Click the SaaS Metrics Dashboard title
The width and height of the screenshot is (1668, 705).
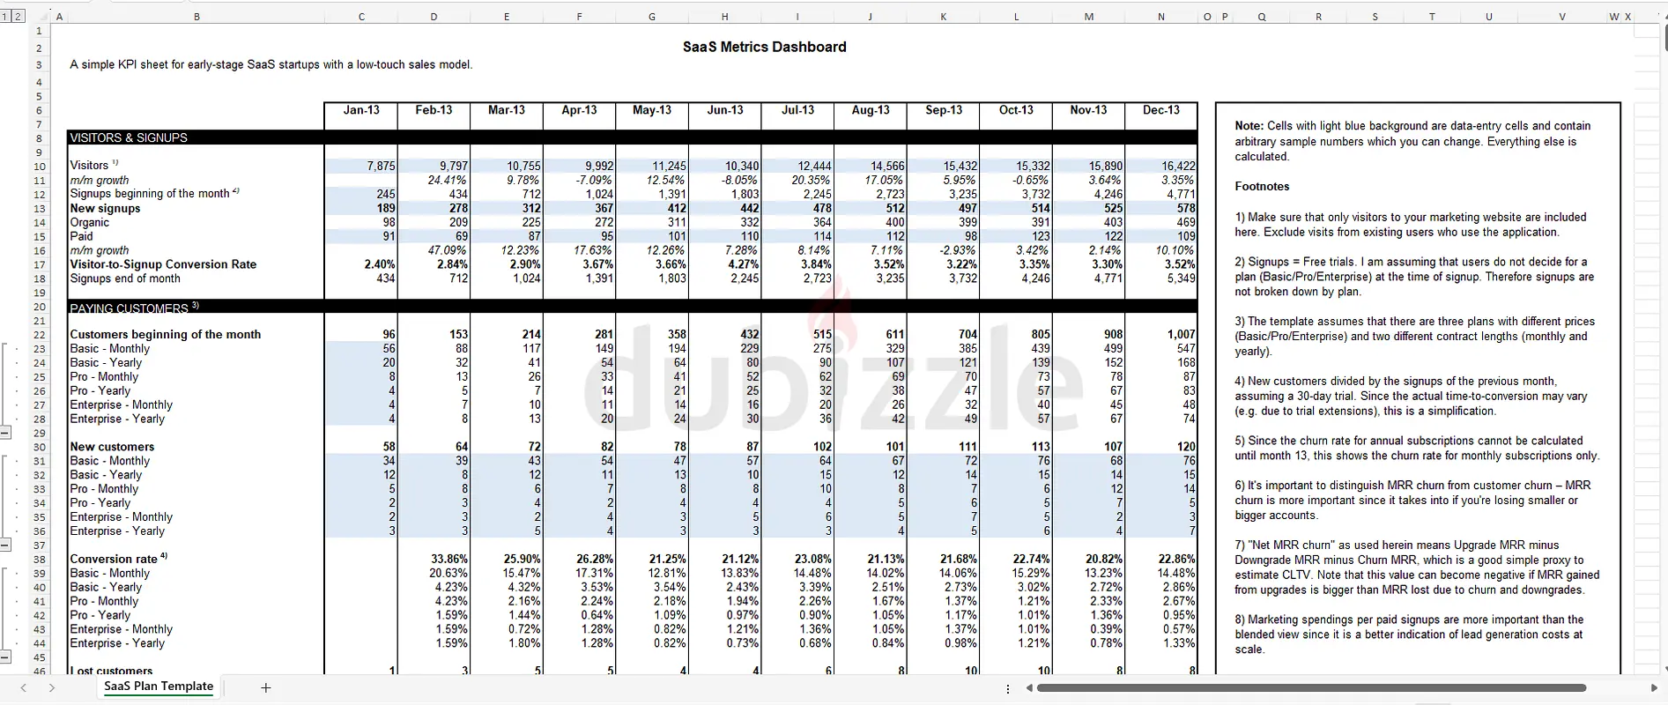tap(764, 48)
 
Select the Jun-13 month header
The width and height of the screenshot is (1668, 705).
tap(724, 110)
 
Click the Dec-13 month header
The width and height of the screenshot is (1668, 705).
tap(1160, 110)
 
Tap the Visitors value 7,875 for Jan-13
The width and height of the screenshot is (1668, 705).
tap(381, 166)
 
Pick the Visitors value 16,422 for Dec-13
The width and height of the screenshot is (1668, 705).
tap(1178, 166)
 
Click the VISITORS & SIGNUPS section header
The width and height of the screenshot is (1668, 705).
tap(129, 138)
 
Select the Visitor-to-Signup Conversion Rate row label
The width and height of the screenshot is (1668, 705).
tap(163, 264)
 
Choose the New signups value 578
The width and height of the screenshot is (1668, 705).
tap(1185, 209)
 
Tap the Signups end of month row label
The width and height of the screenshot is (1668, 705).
tap(125, 278)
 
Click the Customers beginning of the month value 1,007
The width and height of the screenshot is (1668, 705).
tap(1181, 335)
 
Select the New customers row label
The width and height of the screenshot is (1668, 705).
tap(112, 447)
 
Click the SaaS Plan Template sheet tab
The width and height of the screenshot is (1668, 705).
tap(159, 686)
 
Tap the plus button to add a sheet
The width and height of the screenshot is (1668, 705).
tap(265, 687)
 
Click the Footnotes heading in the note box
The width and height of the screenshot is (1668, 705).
tap(1262, 187)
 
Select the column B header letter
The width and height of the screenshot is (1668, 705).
tap(196, 17)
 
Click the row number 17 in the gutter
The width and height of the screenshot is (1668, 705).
tap(39, 264)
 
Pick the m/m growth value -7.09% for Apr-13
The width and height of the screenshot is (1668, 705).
tap(595, 180)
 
